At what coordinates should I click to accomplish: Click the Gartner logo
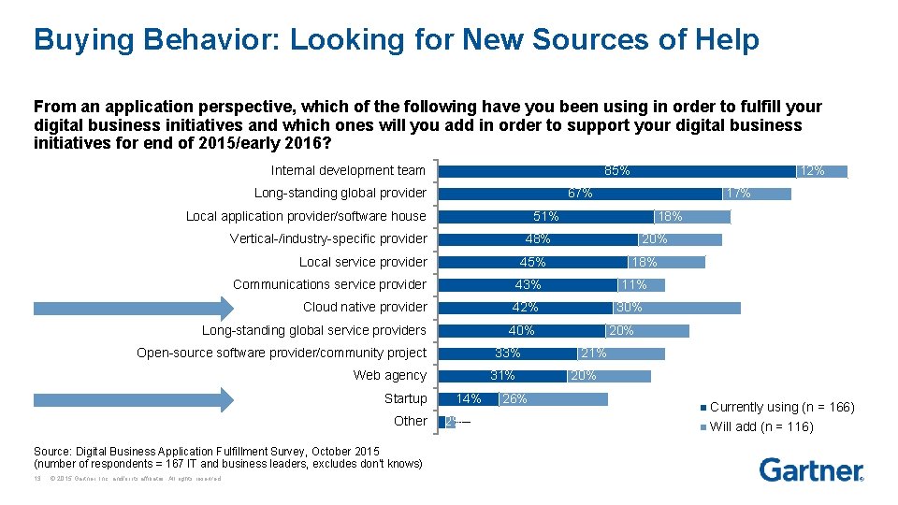click(x=811, y=469)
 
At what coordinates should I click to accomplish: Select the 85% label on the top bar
click(x=616, y=171)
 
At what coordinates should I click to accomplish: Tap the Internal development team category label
click(x=348, y=170)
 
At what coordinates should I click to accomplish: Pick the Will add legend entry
click(x=760, y=427)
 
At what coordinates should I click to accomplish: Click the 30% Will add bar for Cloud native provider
click(x=676, y=308)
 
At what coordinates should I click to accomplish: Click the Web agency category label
click(x=389, y=376)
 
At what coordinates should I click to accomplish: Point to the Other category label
click(x=410, y=422)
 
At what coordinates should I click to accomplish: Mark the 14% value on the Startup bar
click(x=468, y=399)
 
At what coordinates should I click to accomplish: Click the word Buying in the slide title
click(x=75, y=39)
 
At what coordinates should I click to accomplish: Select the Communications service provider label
click(x=329, y=284)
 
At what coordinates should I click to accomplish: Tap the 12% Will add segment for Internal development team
click(x=822, y=171)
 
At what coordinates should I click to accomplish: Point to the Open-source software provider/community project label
click(x=281, y=353)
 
